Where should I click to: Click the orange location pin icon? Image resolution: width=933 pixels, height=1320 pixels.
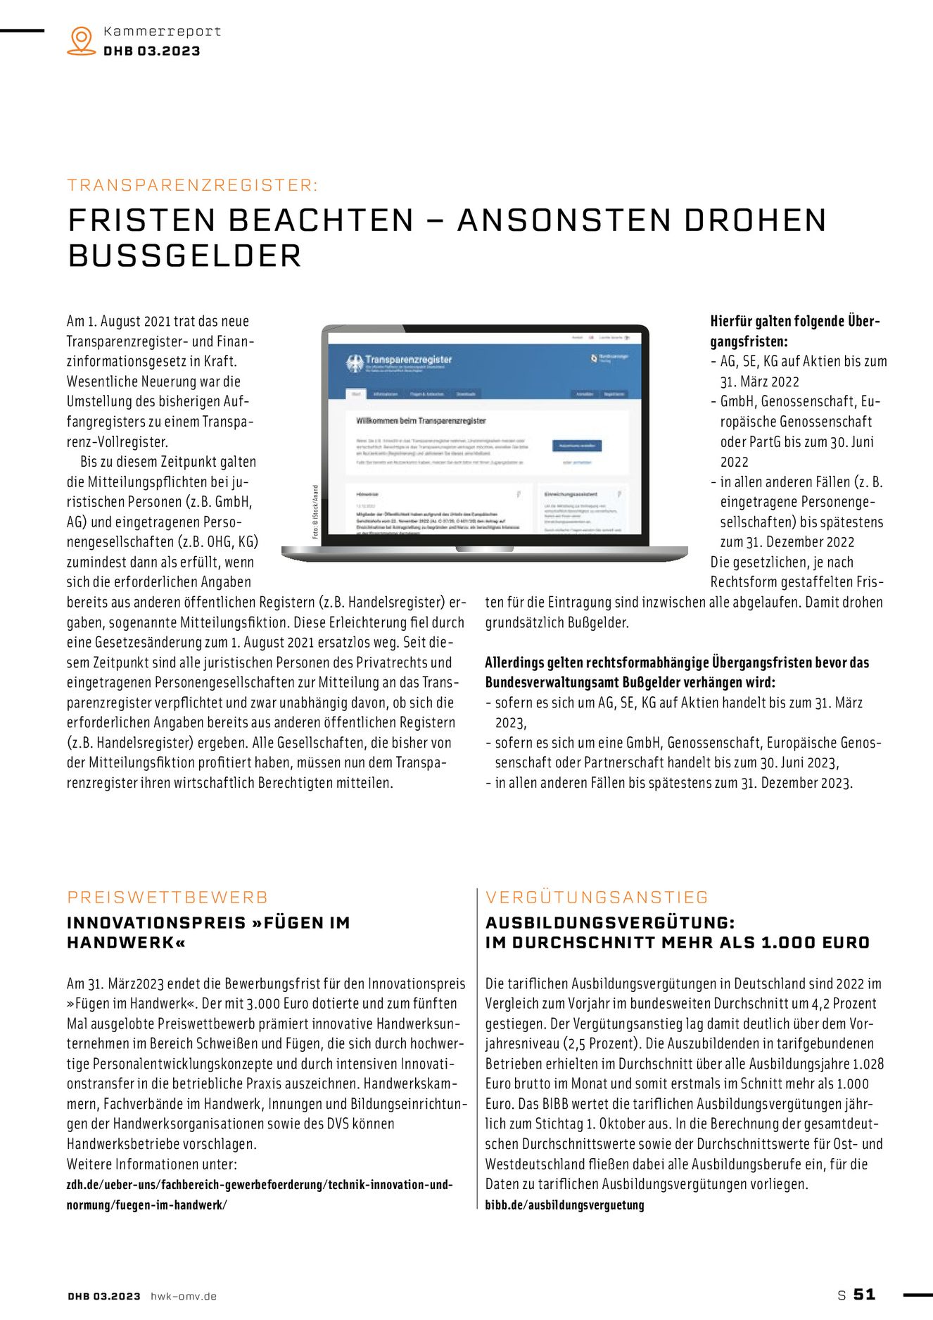point(82,40)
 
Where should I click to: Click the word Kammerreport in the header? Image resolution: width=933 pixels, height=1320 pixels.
point(162,31)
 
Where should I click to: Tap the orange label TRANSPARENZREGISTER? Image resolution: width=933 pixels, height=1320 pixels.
point(193,185)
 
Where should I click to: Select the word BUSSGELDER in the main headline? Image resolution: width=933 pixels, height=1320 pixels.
point(185,256)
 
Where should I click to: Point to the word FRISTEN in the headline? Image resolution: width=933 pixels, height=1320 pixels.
point(141,220)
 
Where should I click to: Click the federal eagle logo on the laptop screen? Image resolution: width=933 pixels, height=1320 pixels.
point(355,363)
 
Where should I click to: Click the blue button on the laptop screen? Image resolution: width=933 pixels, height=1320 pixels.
point(577,446)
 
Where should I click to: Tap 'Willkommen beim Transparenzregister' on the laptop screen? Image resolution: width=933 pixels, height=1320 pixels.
point(421,421)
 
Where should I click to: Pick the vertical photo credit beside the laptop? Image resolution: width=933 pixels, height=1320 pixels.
point(315,512)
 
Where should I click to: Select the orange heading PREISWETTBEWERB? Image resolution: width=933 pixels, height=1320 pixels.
point(167,898)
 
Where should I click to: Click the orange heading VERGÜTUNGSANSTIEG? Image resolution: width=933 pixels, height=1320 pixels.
point(597,898)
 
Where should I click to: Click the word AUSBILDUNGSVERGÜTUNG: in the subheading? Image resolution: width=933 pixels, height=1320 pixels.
point(610,923)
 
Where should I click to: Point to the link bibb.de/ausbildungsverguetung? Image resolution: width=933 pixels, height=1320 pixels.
point(564,1205)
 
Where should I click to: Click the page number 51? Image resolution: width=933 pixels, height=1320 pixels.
point(865,1295)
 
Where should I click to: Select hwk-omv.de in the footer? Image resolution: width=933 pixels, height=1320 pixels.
point(184,1296)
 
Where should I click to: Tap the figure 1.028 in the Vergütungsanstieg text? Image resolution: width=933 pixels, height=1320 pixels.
point(868,1064)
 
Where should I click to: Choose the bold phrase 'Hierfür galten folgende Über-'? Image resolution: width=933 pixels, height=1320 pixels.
point(795,322)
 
